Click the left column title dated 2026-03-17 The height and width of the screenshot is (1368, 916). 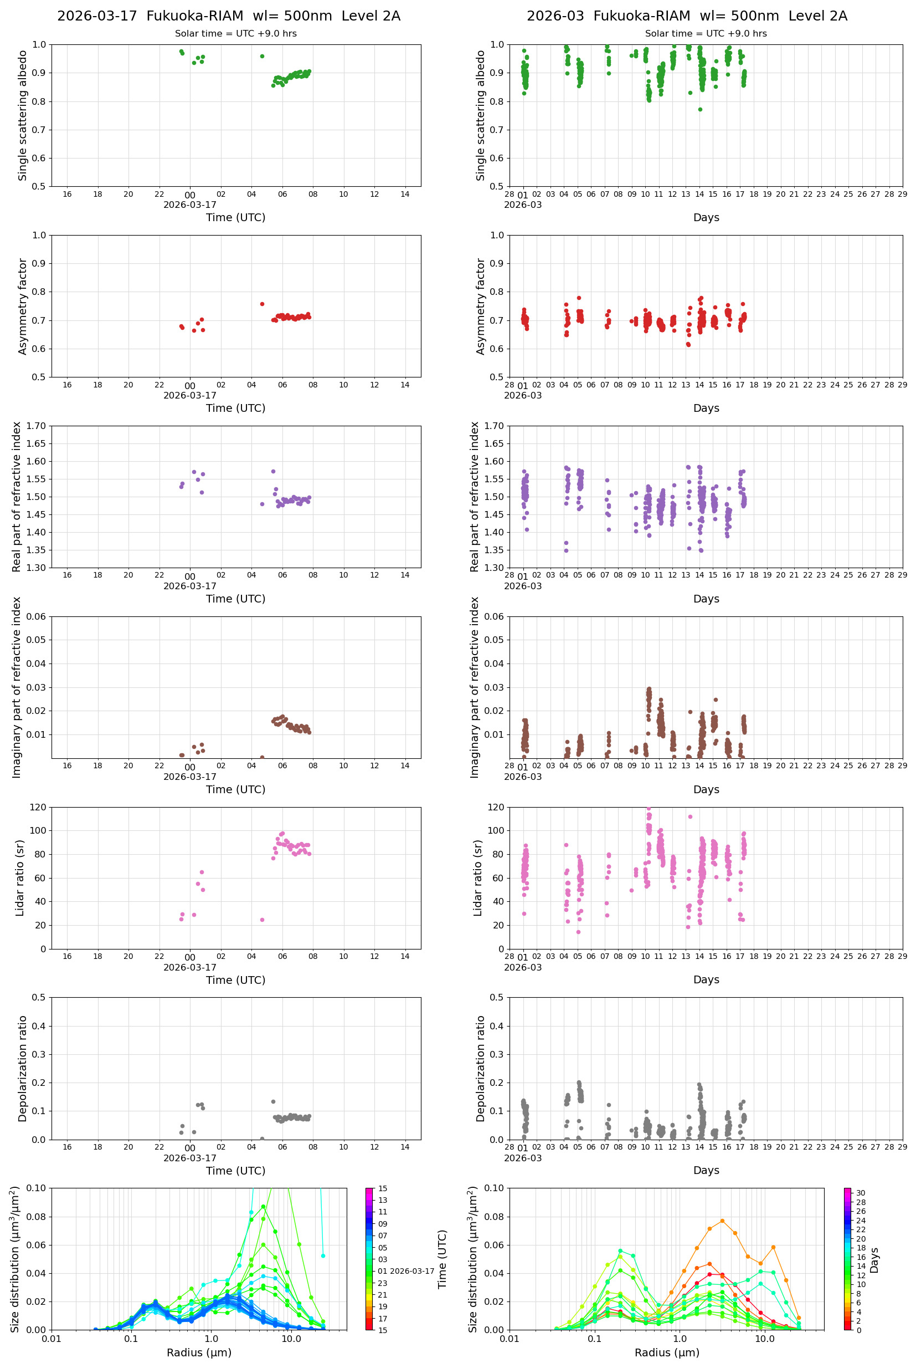pos(228,16)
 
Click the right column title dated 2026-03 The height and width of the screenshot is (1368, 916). pos(686,16)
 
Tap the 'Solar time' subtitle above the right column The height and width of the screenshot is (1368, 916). pos(706,33)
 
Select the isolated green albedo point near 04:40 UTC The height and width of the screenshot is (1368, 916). pos(263,56)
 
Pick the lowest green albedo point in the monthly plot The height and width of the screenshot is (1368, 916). pos(700,109)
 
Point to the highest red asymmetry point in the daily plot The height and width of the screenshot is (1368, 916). pos(263,304)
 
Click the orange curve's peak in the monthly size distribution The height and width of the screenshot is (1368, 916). pos(722,1221)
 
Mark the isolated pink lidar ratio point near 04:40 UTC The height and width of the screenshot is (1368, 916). pos(263,920)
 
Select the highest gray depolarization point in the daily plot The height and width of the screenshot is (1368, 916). pos(273,1101)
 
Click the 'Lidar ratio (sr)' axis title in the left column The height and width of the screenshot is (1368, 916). pos(20,878)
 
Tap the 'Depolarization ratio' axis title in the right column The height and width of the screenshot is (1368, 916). pos(480,1069)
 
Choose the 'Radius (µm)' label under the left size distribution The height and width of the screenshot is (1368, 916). pos(199,1352)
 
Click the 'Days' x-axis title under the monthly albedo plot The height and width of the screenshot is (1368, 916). pos(706,217)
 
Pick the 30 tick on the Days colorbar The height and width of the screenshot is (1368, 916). pos(861,1193)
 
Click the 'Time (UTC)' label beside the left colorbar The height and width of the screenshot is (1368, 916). pos(442,1259)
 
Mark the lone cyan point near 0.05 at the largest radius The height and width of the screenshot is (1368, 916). pos(323,1255)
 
